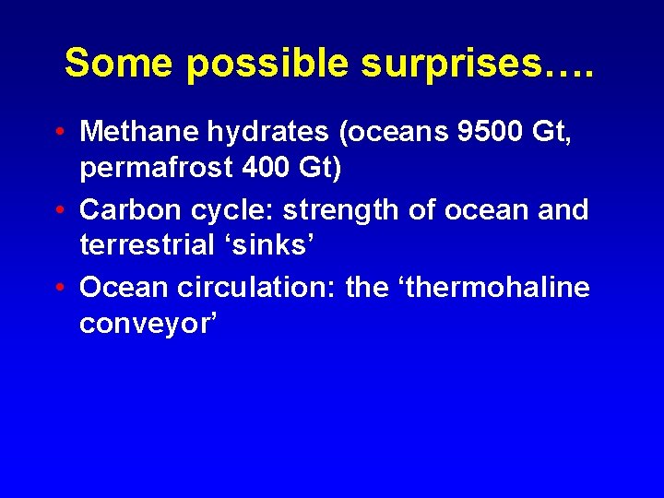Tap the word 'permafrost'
[150, 171]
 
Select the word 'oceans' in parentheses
[396, 132]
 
